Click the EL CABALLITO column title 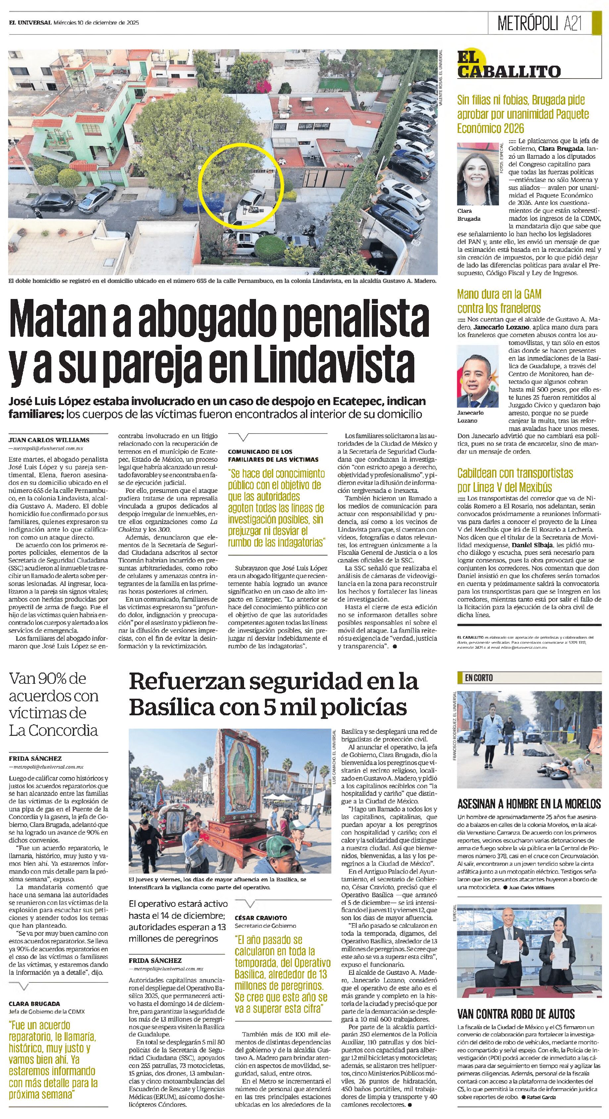(508, 65)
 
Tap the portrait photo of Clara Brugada (478, 174)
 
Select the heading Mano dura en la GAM (499, 294)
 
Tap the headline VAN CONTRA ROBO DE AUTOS (516, 1014)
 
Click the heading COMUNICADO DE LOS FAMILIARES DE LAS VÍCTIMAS (273, 455)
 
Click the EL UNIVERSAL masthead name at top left (30, 23)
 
